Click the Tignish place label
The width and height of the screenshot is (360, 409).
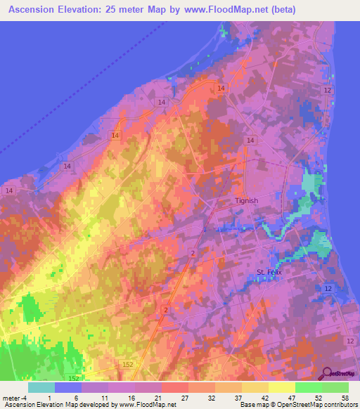pos(246,200)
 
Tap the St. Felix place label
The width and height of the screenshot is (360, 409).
pos(268,273)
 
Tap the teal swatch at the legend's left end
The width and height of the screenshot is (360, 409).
pos(41,387)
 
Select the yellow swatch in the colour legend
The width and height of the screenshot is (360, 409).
pos(282,387)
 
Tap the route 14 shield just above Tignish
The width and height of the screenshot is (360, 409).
pos(250,141)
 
